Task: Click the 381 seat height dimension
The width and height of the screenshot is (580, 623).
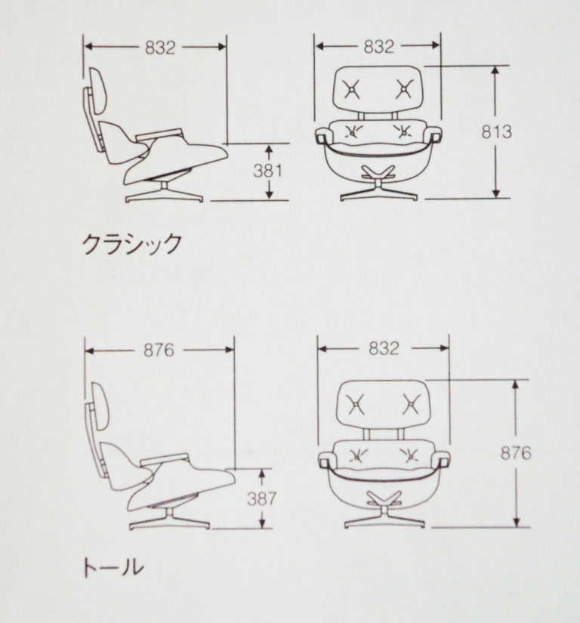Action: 268,171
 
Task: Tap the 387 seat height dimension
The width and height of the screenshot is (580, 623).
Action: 261,498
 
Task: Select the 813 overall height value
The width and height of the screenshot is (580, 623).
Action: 497,132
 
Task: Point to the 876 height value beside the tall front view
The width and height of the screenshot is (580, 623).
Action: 516,453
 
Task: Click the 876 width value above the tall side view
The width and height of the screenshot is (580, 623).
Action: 159,350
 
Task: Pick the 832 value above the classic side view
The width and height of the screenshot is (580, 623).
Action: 160,48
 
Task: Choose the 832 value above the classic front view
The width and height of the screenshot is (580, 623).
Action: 379,47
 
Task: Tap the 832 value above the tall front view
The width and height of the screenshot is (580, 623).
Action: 384,348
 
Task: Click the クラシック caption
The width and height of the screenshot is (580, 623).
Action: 132,244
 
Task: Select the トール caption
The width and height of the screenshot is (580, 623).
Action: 113,566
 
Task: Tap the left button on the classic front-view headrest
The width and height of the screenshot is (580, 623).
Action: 352,89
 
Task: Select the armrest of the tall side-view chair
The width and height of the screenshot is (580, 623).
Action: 163,460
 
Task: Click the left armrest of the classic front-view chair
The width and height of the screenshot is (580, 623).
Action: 322,135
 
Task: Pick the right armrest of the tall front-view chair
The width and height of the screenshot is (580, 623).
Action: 442,459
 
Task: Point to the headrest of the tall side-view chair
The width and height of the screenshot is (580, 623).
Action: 100,406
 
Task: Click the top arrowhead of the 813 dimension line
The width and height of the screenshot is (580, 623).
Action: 495,70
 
